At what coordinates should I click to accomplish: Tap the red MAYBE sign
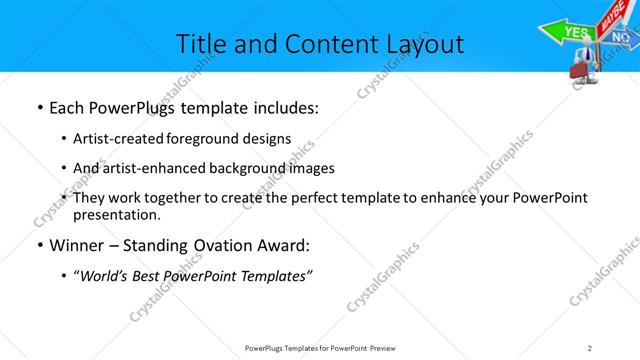(608, 17)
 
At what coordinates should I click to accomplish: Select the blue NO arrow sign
(621, 39)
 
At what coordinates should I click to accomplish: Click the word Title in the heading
(200, 44)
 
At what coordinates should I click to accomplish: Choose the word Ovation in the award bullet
(222, 246)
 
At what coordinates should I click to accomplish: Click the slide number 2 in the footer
(589, 347)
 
